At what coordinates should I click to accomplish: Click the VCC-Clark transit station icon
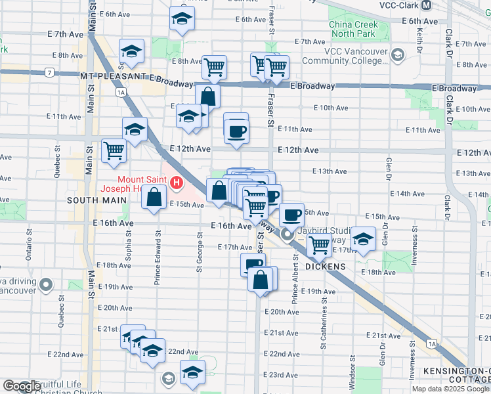coord(427,5)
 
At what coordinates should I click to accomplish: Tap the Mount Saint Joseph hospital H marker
coord(176,183)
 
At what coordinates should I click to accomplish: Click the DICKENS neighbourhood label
coord(326,266)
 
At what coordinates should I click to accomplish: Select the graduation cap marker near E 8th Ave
coord(131,52)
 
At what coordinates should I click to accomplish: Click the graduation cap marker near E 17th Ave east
coord(362,239)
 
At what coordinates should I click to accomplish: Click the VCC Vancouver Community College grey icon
coord(396,55)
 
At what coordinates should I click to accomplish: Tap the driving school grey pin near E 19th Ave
coord(45,284)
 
